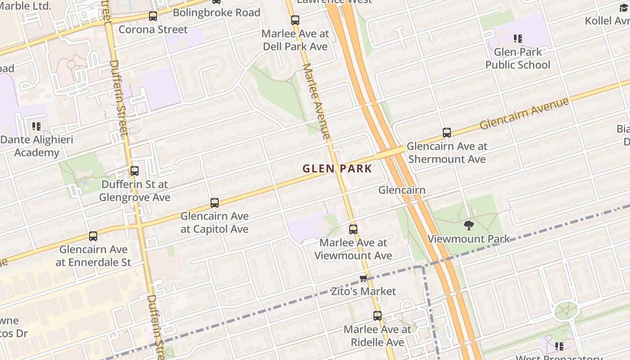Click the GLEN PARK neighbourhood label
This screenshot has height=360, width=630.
pyautogui.click(x=337, y=169)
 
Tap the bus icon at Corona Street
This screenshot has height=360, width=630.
pyautogui.click(x=153, y=16)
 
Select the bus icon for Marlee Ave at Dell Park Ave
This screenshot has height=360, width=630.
pyautogui.click(x=295, y=20)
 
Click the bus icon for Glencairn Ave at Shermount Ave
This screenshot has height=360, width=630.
pyautogui.click(x=446, y=133)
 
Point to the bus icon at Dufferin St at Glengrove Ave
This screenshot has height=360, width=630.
pyautogui.click(x=135, y=171)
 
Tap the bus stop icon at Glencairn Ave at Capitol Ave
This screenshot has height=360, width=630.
pyautogui.click(x=215, y=203)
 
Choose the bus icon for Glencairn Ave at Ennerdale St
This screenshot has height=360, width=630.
pyautogui.click(x=93, y=236)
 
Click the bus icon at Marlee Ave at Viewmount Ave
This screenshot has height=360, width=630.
pyautogui.click(x=353, y=229)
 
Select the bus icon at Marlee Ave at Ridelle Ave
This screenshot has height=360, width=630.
pyautogui.click(x=378, y=316)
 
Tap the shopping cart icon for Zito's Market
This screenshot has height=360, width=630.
pyautogui.click(x=364, y=278)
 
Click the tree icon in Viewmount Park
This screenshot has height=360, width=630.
pyautogui.click(x=468, y=225)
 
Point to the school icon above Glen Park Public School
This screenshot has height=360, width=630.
pyautogui.click(x=518, y=39)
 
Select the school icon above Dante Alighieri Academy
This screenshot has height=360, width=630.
pyautogui.click(x=36, y=126)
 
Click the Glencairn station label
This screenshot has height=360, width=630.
pyautogui.click(x=401, y=190)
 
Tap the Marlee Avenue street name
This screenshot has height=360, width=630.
pyautogui.click(x=316, y=101)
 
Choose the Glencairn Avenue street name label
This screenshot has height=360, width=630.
pyautogui.click(x=524, y=114)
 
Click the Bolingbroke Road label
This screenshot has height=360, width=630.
pyautogui.click(x=216, y=13)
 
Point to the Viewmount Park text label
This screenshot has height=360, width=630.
pyautogui.click(x=468, y=238)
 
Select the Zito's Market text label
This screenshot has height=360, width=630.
pyautogui.click(x=364, y=291)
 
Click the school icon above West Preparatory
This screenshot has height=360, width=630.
pyautogui.click(x=559, y=346)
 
